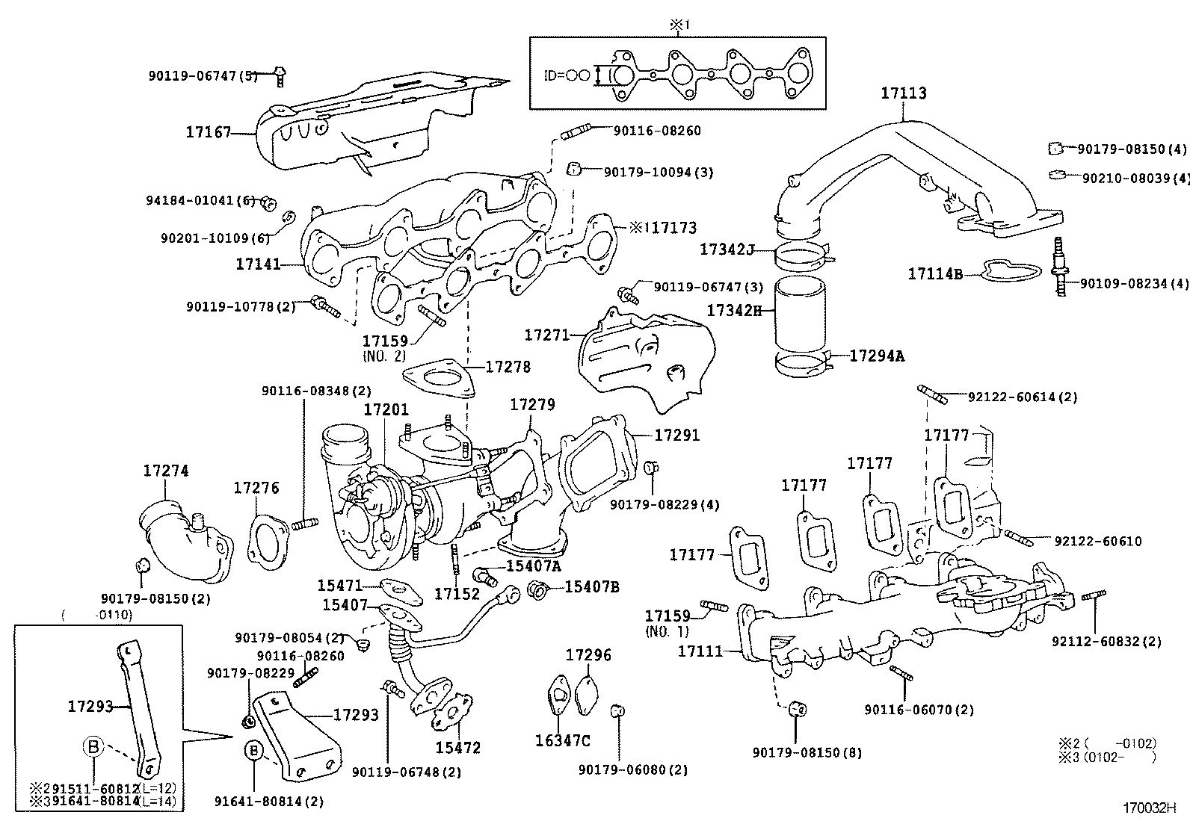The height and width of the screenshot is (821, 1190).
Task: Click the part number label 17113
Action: tap(903, 93)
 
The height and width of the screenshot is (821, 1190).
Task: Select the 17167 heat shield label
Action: tap(209, 133)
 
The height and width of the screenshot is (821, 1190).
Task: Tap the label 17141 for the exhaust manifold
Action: tap(258, 264)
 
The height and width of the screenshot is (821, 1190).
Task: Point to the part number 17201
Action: tap(386, 410)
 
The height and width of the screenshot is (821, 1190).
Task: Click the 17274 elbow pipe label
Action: tap(166, 471)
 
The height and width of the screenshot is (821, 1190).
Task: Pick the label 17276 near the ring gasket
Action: tap(256, 489)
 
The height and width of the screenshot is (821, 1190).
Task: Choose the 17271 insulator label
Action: tap(547, 335)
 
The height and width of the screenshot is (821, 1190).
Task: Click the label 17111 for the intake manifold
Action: tap(700, 651)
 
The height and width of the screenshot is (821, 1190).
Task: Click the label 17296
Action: tap(588, 655)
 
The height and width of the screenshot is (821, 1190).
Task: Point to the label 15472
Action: tap(457, 748)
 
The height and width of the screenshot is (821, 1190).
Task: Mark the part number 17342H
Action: tap(734, 311)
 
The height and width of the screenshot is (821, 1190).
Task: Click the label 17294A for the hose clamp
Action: tap(876, 356)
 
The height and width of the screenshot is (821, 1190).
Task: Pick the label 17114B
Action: tap(935, 274)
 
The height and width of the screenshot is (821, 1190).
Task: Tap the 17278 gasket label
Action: tap(508, 367)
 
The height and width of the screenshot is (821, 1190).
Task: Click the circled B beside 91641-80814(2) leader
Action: tap(255, 750)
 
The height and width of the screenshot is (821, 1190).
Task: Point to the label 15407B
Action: tap(591, 587)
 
